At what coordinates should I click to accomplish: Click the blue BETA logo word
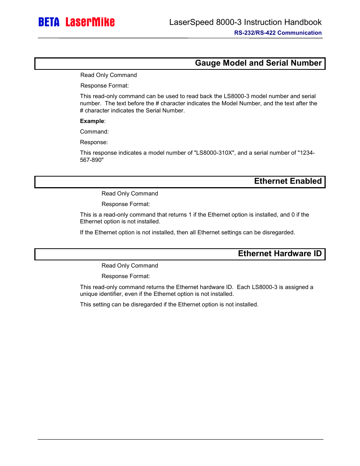[49, 22]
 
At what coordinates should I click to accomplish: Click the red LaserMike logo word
[90, 22]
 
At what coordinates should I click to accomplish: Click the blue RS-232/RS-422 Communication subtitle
[278, 33]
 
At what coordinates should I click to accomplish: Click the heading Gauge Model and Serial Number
[258, 63]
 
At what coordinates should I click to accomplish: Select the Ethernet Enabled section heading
[288, 181]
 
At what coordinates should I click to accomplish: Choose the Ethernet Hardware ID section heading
[280, 254]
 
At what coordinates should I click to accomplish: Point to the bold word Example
[92, 121]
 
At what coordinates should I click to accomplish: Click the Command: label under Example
[94, 132]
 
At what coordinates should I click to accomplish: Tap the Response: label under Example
[94, 142]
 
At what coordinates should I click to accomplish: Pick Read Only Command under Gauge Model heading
[109, 75]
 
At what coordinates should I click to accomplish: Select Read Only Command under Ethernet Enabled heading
[130, 194]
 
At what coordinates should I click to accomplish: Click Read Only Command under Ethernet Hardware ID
[130, 266]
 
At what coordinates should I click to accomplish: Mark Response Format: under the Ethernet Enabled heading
[126, 204]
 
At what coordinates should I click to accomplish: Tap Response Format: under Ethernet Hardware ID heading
[126, 276]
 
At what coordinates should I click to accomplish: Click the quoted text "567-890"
[92, 160]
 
